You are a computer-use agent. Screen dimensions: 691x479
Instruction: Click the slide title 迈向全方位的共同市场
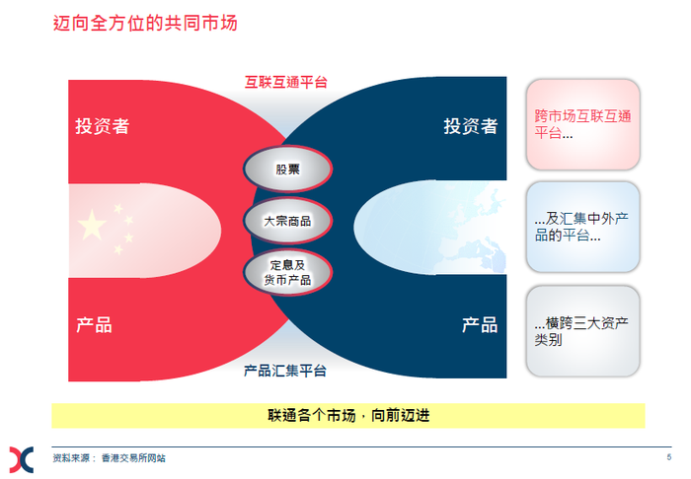pos(145,24)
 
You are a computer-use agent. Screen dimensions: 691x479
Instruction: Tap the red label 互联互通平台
pos(286,82)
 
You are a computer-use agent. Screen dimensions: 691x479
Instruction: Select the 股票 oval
pos(288,169)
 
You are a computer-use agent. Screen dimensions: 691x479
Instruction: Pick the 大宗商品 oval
pos(288,221)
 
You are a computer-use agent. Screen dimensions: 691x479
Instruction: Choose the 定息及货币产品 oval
pos(288,272)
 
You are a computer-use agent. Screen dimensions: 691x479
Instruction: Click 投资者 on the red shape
pos(103,126)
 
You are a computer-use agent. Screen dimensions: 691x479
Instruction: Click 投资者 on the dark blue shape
pos(471,126)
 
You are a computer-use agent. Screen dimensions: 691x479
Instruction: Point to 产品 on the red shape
pos(94,325)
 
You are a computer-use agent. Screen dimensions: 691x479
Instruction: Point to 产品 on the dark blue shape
pos(480,325)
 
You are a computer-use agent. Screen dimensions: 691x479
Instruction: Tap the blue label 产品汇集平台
pos(285,371)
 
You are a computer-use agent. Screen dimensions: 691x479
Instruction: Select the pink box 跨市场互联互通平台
pos(583,124)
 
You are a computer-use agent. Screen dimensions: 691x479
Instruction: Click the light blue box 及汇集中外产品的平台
pos(583,227)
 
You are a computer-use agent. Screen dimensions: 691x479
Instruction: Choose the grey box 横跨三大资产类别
pos(583,331)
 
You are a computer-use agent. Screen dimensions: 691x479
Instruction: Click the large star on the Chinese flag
pos(92,225)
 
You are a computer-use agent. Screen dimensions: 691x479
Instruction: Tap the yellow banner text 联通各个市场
pos(312,415)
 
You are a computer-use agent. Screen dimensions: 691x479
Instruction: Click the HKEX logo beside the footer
pos(22,459)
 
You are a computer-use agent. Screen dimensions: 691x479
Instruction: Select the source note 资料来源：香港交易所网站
pos(110,458)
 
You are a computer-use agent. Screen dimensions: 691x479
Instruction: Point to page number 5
pos(669,457)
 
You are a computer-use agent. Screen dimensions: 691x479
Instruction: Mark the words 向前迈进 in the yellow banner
pos(401,415)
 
